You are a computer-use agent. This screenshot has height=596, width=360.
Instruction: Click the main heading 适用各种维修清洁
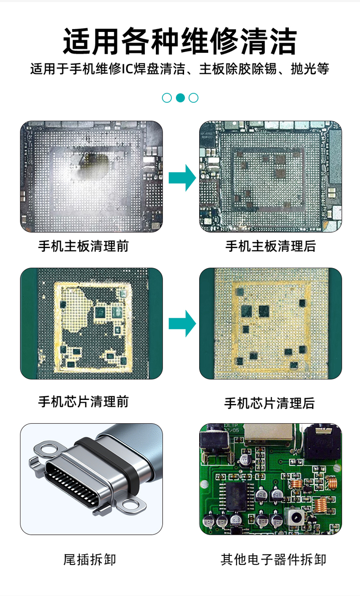[x=180, y=41]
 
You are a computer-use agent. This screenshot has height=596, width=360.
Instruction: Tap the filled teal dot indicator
[x=180, y=98]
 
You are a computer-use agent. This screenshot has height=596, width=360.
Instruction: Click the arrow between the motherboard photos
[x=182, y=178]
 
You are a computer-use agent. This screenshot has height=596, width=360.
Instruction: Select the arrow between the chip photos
[x=182, y=324]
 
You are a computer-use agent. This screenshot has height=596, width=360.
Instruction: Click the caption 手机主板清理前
[x=83, y=246]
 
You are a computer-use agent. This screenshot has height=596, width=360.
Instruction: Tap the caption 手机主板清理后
[x=271, y=246]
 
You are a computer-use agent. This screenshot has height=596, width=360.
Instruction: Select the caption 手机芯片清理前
[x=83, y=402]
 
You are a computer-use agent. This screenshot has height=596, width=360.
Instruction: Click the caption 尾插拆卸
[x=90, y=560]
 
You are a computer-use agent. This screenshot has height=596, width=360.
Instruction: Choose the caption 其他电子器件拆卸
[x=273, y=560]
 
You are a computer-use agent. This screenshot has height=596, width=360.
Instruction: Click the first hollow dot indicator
[x=167, y=98]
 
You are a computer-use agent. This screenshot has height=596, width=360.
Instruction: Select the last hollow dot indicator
[x=193, y=98]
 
